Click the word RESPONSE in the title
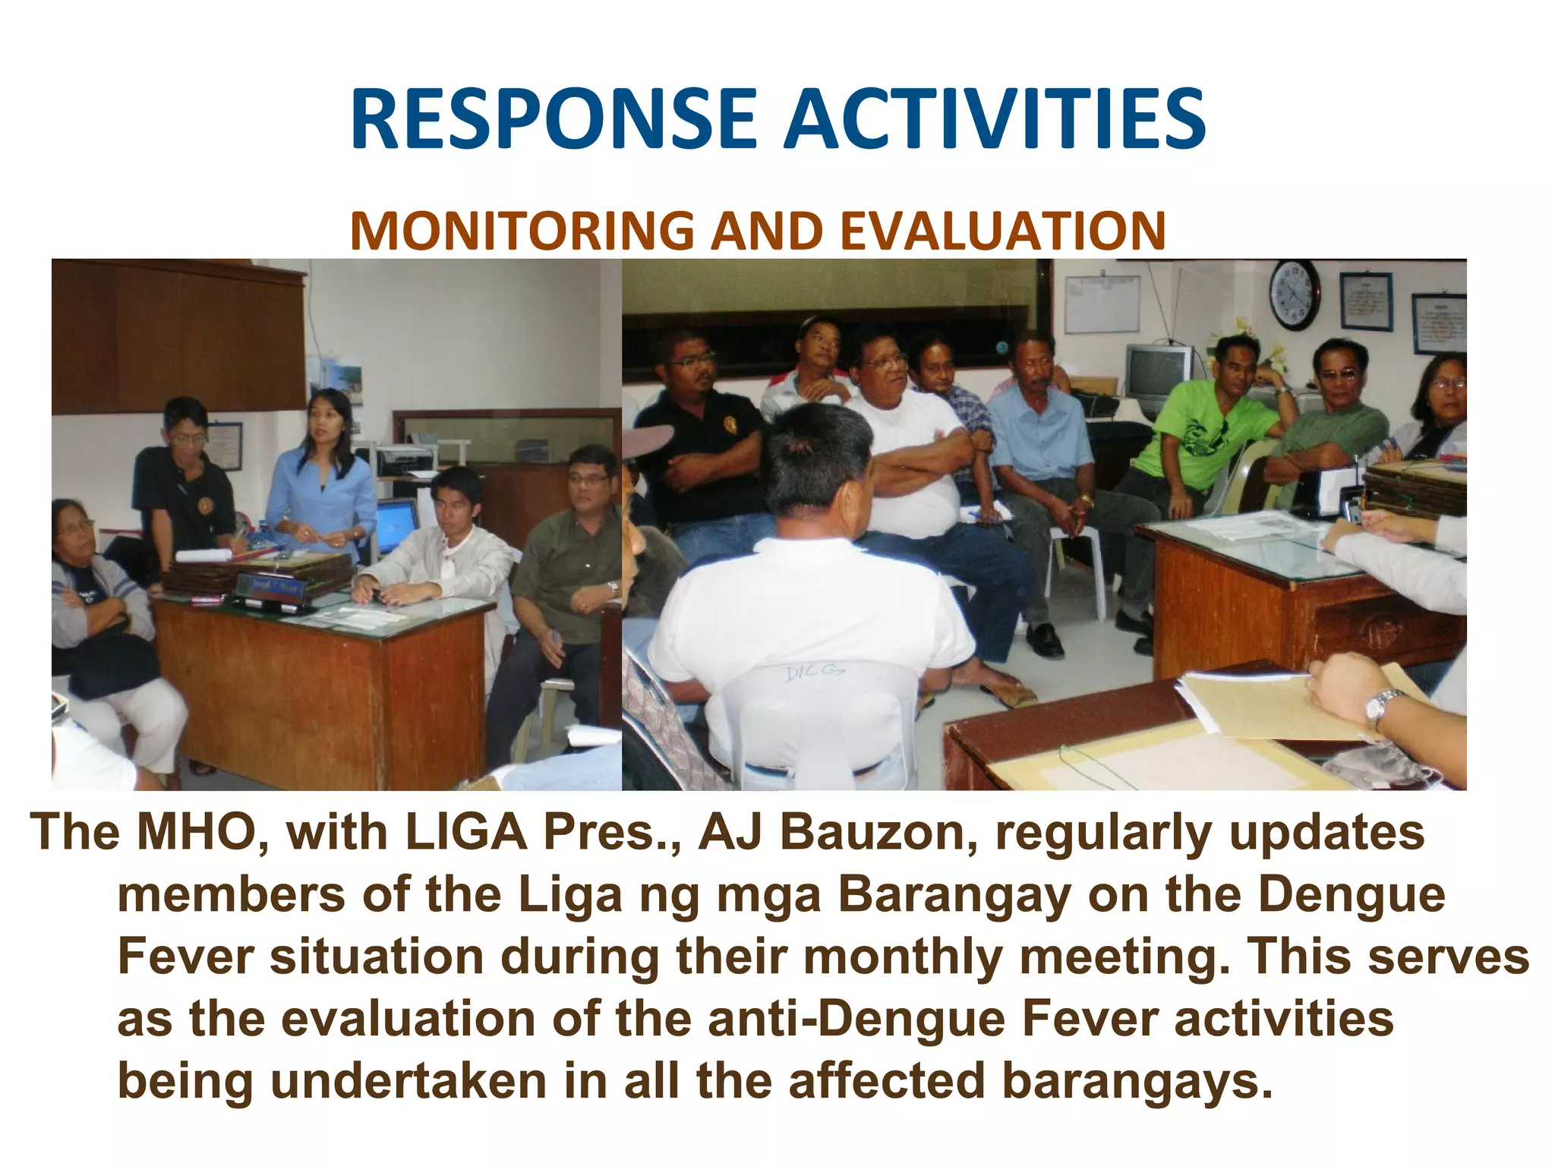554,120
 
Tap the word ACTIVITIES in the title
994,120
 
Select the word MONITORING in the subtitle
522,231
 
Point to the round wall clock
1295,295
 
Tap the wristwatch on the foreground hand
1381,707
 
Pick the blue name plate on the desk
272,588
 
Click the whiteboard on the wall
1102,304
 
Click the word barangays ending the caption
1135,1081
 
